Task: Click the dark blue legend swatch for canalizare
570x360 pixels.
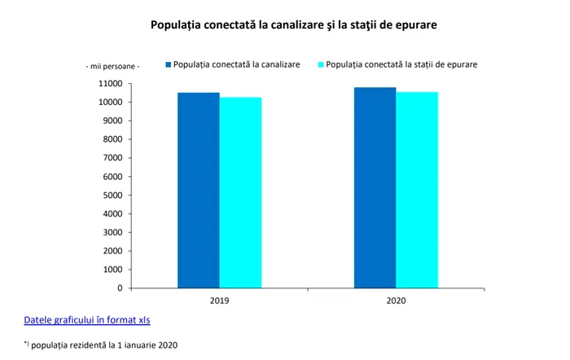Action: point(170,64)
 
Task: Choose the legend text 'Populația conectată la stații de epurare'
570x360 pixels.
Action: point(401,64)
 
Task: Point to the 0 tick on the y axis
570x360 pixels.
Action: point(120,288)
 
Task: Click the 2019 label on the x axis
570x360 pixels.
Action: point(219,301)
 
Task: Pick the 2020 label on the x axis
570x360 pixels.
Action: point(396,301)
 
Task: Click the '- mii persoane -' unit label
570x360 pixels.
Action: point(113,65)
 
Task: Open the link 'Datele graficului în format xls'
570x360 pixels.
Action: point(87,319)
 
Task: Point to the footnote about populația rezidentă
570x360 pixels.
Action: point(101,345)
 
